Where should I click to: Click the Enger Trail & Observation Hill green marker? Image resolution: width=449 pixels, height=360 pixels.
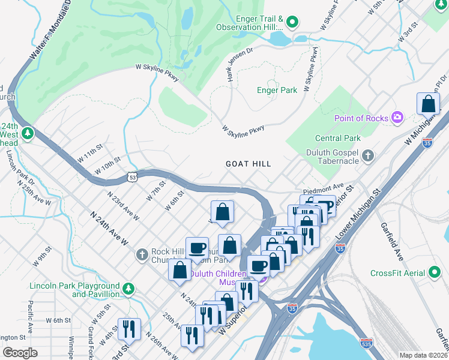(292, 23)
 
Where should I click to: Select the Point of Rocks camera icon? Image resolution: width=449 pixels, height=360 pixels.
(397, 118)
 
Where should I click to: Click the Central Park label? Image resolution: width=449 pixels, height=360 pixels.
(324, 138)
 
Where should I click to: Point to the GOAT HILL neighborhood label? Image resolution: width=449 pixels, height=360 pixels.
(248, 164)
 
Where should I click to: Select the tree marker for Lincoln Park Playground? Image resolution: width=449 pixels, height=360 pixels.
(128, 290)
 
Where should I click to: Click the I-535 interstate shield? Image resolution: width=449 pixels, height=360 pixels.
(366, 343)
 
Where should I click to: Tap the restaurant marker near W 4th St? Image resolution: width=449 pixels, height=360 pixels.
(129, 329)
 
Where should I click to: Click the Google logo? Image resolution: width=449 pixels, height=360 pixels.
(20, 353)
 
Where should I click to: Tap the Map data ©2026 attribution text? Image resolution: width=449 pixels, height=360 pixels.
(423, 355)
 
